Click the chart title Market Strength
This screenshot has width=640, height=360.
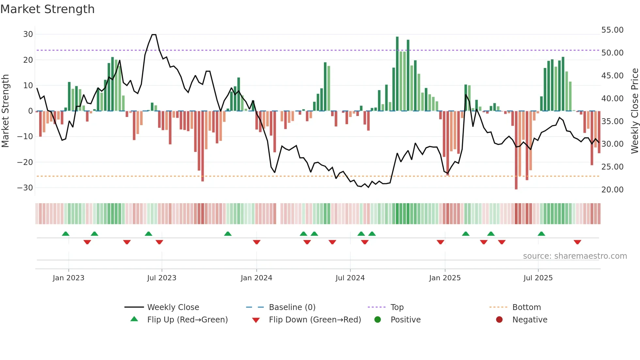click(47, 9)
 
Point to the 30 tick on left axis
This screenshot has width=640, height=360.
click(28, 34)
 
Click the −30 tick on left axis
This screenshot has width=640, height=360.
click(25, 188)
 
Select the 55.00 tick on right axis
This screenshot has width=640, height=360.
click(612, 30)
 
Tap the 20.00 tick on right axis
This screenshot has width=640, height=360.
click(612, 190)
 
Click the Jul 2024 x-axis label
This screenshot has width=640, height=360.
click(350, 278)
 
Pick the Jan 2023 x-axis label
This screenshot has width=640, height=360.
click(69, 278)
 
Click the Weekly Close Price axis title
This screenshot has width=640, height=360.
click(634, 111)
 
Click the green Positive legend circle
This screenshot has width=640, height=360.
click(378, 320)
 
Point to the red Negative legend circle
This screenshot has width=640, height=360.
click(499, 320)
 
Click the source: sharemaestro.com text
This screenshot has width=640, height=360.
click(575, 256)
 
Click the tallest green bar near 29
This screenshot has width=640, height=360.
click(397, 74)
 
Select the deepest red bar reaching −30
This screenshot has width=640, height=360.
click(516, 150)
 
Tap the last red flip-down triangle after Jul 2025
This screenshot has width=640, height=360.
click(577, 242)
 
